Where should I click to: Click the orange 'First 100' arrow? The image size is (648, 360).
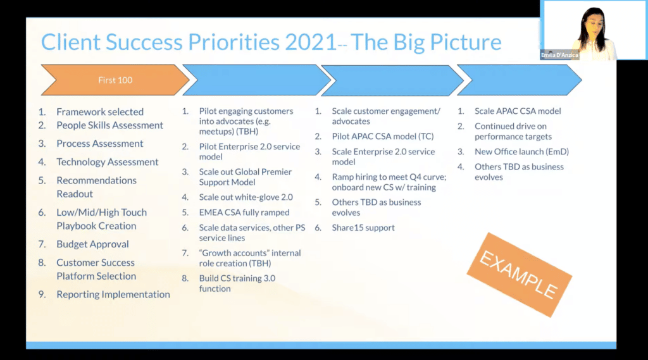115,80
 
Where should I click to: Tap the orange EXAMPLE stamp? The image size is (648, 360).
519,275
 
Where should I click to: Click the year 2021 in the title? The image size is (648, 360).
311,42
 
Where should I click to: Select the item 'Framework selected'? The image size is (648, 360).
100,111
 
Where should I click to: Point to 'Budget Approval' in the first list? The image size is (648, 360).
92,244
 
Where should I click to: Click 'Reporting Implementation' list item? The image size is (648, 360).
113,294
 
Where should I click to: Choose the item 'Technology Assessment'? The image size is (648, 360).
108,161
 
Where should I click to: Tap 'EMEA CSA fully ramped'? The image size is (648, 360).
244,213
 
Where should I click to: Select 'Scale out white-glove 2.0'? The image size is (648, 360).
246,197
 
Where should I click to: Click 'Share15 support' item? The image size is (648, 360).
363,228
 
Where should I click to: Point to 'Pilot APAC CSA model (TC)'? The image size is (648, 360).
383,137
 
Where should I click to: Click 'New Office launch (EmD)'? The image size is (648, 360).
521,152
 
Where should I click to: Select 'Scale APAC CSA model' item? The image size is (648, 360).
518,111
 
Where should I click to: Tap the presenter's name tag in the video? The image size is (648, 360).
559,55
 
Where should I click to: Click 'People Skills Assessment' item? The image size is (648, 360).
110,125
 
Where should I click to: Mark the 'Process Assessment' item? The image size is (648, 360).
99,144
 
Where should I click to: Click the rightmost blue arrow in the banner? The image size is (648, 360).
520,80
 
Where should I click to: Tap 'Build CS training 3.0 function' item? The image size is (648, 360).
237,283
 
